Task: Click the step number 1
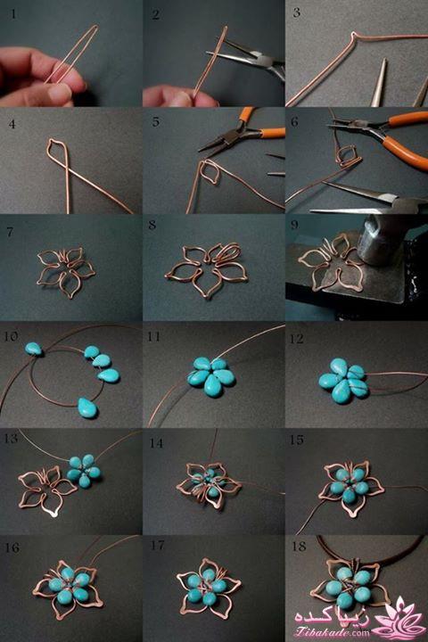[x=13, y=14]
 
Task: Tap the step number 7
[x=11, y=232]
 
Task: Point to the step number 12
[x=297, y=339]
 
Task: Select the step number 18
[x=299, y=547]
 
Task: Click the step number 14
[x=156, y=443]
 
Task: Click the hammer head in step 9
[x=374, y=242]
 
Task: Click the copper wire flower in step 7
[x=66, y=270]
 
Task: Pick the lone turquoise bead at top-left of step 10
[x=34, y=349]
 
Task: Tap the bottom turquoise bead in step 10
[x=86, y=407]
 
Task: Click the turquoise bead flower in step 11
[x=211, y=376]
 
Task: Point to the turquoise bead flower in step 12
[x=343, y=381]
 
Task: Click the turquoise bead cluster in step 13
[x=84, y=471]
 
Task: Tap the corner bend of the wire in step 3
[x=352, y=35]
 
